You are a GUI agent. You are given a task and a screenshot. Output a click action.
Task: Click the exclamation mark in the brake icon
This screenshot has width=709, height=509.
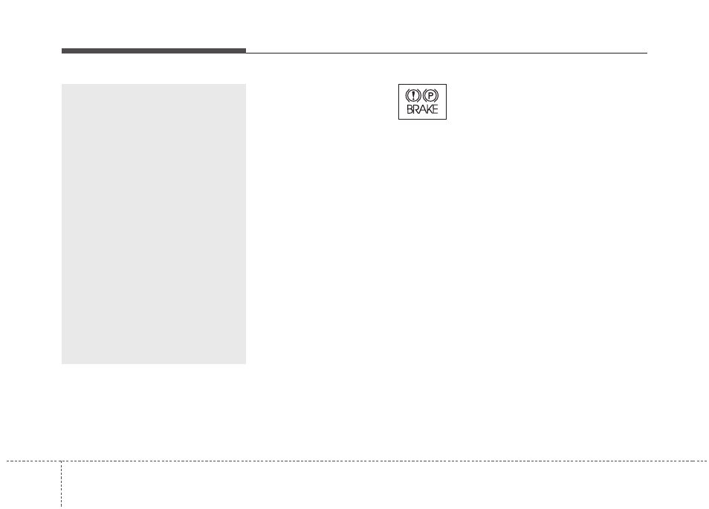pos(413,95)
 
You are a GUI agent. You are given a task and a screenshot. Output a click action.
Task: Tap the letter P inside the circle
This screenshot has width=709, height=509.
pos(431,96)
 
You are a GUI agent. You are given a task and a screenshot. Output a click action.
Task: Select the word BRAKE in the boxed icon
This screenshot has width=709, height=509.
pos(422,109)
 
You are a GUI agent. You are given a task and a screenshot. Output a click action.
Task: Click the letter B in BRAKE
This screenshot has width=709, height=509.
pos(409,109)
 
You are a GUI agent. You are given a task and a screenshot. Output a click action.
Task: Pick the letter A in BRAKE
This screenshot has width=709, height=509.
pos(422,109)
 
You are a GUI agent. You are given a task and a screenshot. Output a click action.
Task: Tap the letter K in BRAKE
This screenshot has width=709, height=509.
pos(429,109)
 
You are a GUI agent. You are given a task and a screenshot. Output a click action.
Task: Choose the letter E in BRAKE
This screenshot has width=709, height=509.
pos(435,109)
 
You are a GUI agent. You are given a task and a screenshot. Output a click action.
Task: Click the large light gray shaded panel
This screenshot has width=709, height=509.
pos(154,224)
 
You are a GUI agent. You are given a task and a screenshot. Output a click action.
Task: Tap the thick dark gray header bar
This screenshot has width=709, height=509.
pos(154,51)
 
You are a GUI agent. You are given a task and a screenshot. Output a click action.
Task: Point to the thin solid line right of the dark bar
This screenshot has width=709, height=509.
pos(447,53)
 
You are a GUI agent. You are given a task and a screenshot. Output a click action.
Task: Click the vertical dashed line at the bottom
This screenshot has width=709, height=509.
pos(61,484)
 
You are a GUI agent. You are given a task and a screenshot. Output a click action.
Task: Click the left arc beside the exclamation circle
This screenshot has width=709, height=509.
pos(407,95)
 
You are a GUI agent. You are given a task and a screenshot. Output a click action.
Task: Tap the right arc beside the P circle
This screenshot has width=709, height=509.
pos(438,95)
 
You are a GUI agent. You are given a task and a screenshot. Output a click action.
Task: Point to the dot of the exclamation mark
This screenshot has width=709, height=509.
pos(413,99)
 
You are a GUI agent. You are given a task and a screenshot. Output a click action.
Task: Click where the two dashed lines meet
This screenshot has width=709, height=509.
pos(61,461)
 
